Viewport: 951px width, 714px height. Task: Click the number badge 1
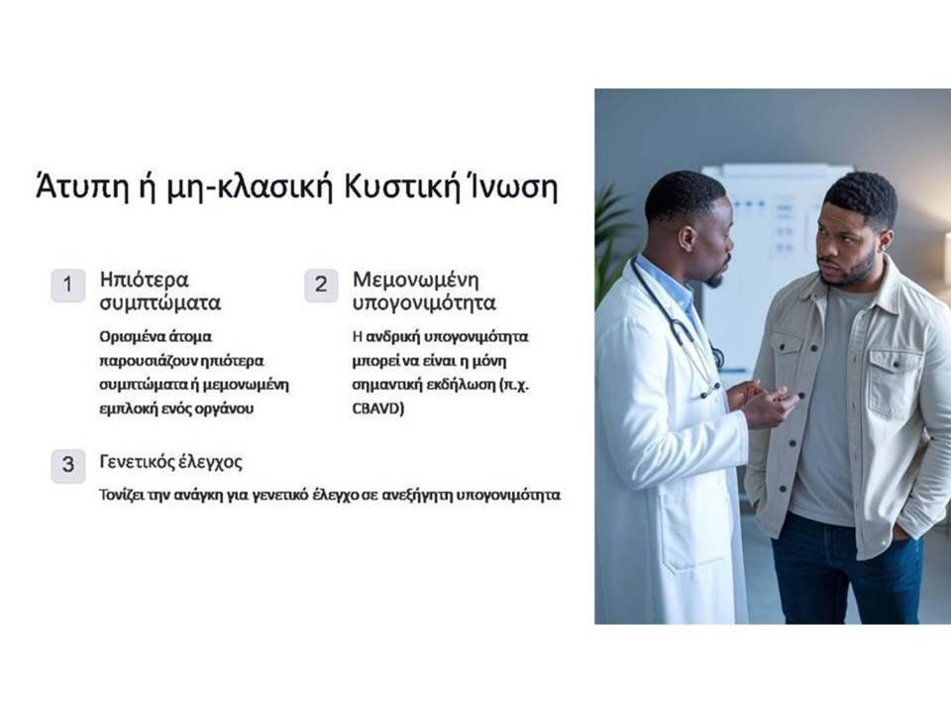click(x=68, y=285)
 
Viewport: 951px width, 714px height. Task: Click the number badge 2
click(x=321, y=285)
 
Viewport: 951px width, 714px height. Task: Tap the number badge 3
click(x=68, y=465)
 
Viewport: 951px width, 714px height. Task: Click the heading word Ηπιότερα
click(x=145, y=280)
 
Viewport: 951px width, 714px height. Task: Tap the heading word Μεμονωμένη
click(x=415, y=280)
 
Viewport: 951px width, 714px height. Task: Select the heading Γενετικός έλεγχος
click(x=171, y=462)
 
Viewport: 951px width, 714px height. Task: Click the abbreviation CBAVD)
click(x=377, y=408)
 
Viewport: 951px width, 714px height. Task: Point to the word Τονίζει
click(x=121, y=495)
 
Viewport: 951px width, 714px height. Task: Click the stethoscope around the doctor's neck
click(x=678, y=327)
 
